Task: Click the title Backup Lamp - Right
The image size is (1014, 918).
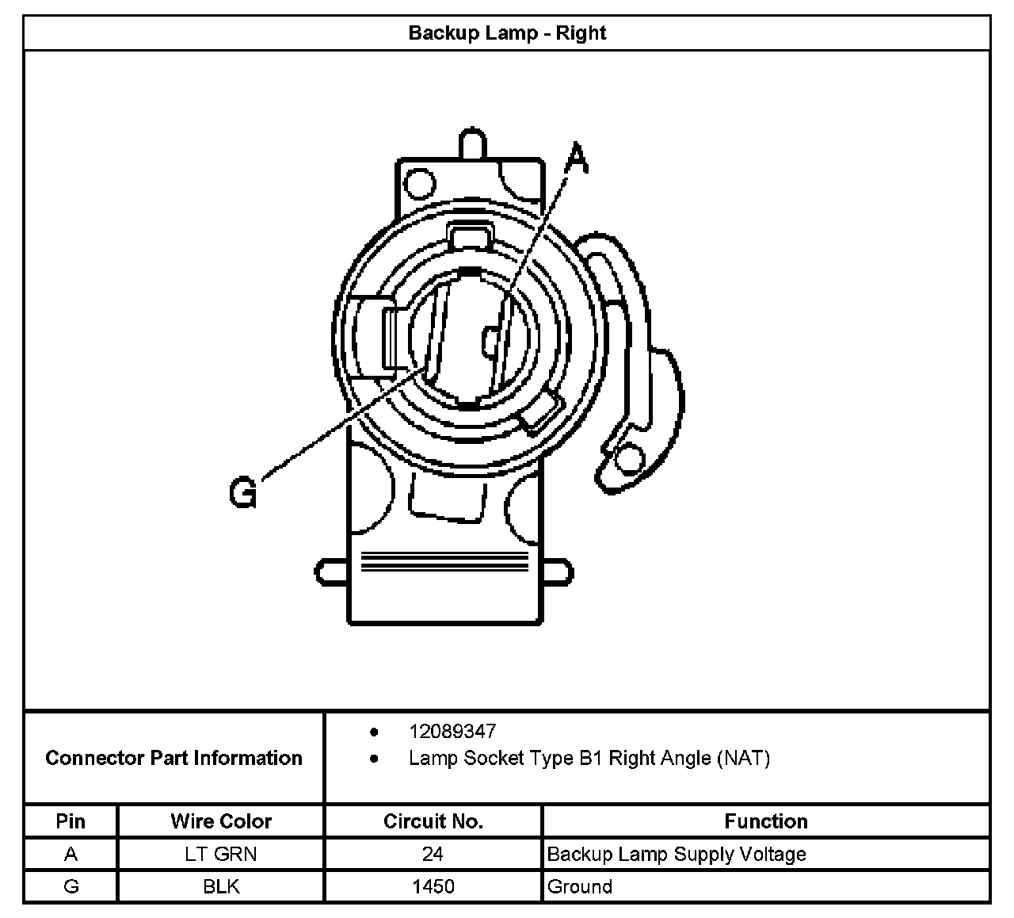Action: (x=507, y=33)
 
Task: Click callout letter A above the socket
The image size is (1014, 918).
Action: (x=578, y=158)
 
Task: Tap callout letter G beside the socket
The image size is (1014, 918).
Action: (x=243, y=492)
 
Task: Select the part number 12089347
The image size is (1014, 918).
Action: (x=452, y=731)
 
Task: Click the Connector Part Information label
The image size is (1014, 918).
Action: (x=173, y=758)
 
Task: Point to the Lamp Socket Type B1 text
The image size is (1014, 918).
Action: (x=589, y=758)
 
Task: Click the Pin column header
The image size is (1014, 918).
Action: (x=71, y=821)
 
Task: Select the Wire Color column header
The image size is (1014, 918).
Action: (x=221, y=821)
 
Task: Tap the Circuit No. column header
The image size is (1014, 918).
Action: (x=433, y=821)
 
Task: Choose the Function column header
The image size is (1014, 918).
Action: (x=766, y=821)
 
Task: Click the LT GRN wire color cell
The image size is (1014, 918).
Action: (x=221, y=854)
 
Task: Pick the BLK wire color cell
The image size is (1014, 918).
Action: (x=221, y=886)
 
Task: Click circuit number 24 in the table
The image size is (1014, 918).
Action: (x=433, y=854)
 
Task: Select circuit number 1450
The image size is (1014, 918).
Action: (x=433, y=886)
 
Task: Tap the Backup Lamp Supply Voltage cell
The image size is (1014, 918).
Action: (x=677, y=854)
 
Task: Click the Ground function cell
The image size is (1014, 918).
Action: (x=579, y=886)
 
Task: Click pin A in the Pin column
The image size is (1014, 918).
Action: (x=71, y=854)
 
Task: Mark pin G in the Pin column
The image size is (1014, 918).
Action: (x=71, y=886)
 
